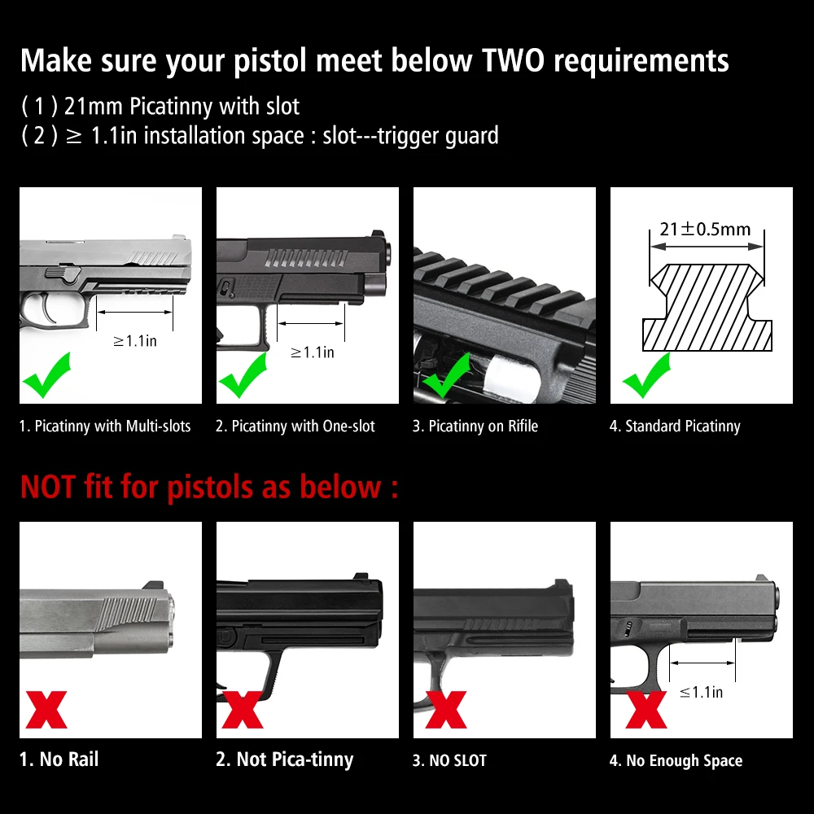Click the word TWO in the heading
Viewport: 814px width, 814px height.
coord(513,60)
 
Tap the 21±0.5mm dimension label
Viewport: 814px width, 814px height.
coord(705,229)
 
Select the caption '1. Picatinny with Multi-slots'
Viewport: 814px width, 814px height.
coord(105,427)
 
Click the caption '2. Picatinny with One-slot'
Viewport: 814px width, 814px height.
coord(295,427)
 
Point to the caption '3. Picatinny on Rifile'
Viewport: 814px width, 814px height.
coord(475,427)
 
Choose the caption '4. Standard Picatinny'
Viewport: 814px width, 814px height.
coord(675,427)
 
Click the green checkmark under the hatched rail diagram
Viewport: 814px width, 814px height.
coord(646,374)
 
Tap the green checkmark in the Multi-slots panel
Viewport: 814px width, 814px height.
coord(46,374)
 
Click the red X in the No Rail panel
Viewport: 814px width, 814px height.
coord(46,710)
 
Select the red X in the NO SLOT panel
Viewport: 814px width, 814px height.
coord(446,710)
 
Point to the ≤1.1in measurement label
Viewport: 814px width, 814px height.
coord(701,692)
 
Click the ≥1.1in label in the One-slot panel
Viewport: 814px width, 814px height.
coord(312,352)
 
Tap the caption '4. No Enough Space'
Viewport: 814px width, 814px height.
coord(676,760)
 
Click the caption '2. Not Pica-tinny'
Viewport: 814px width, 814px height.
coord(284,759)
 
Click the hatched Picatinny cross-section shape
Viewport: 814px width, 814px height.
coord(707,308)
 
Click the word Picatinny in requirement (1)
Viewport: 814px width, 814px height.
coord(170,107)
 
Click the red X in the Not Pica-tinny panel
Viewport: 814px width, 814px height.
coord(243,710)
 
